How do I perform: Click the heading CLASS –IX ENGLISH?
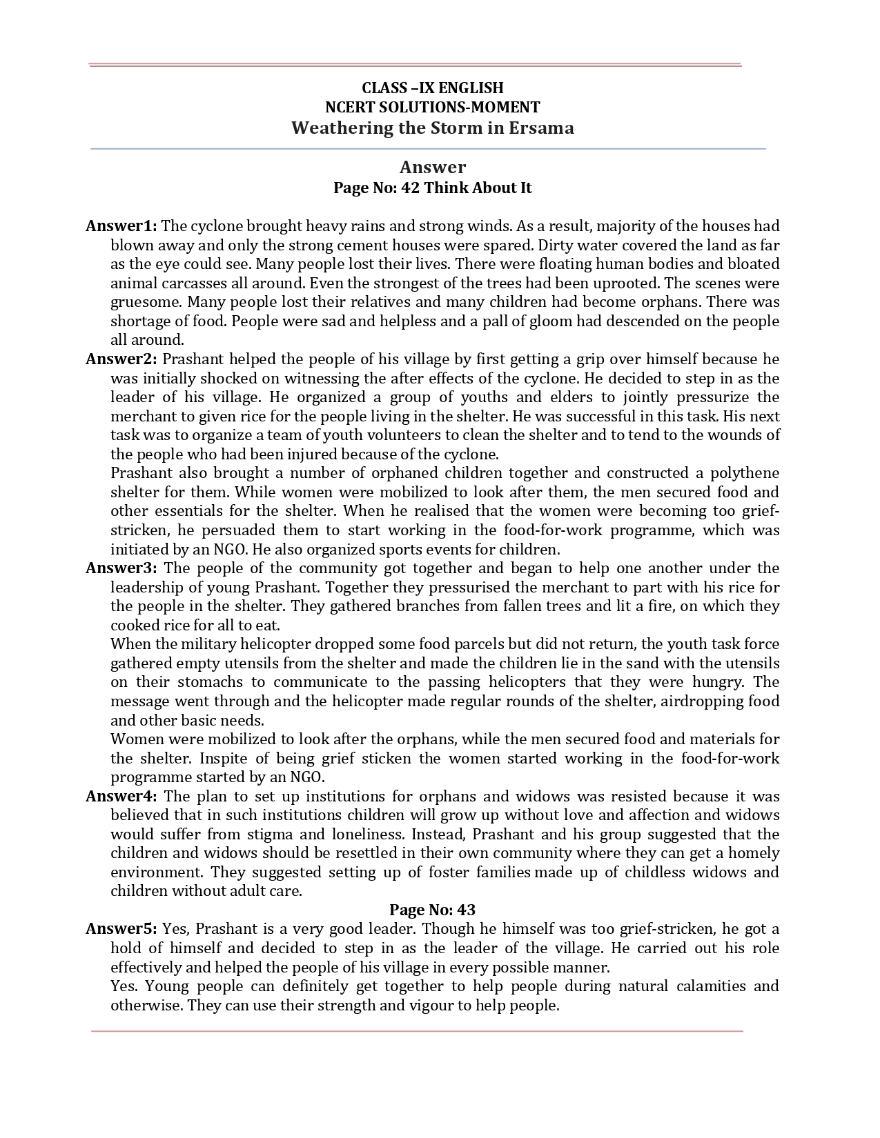pyautogui.click(x=433, y=88)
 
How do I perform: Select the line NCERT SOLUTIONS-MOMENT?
pyautogui.click(x=433, y=107)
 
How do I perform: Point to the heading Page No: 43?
pyautogui.click(x=433, y=910)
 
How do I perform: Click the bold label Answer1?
pyautogui.click(x=121, y=226)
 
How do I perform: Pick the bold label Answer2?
pyautogui.click(x=121, y=359)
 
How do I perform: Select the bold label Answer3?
pyautogui.click(x=121, y=568)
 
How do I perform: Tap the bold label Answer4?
pyautogui.click(x=121, y=797)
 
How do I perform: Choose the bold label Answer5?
pyautogui.click(x=121, y=929)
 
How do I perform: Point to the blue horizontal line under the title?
pyautogui.click(x=428, y=148)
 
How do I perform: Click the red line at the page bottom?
pyautogui.click(x=417, y=1032)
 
